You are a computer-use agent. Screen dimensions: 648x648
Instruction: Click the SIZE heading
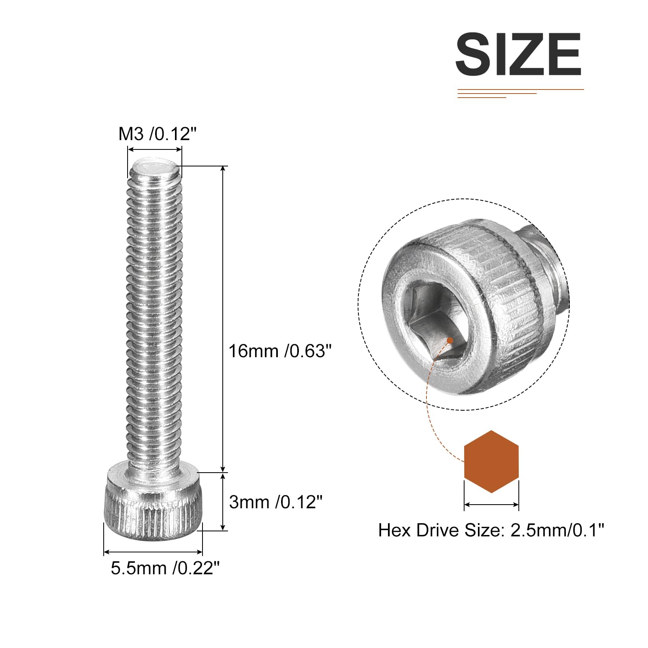(518, 54)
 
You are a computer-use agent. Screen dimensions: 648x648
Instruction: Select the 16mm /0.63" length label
(280, 351)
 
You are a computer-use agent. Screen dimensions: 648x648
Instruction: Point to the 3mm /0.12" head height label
(275, 502)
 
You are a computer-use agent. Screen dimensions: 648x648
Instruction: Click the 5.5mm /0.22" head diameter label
(165, 568)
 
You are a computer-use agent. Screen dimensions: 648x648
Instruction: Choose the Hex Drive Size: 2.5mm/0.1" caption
(491, 530)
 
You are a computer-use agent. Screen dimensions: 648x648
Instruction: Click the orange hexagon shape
(491, 462)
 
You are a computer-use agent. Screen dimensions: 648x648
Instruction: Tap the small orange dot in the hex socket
(450, 341)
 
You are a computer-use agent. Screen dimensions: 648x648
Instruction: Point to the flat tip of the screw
(155, 167)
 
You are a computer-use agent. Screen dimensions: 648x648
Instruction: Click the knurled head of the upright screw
(154, 499)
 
